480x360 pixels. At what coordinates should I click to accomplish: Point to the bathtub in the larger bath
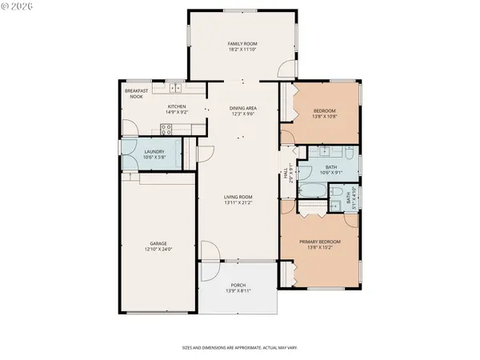(x=311, y=190)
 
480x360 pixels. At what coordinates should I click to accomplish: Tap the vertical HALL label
(x=285, y=174)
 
